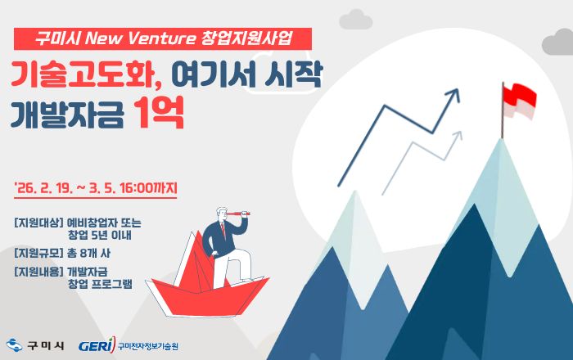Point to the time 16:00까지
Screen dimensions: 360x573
click(x=148, y=187)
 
